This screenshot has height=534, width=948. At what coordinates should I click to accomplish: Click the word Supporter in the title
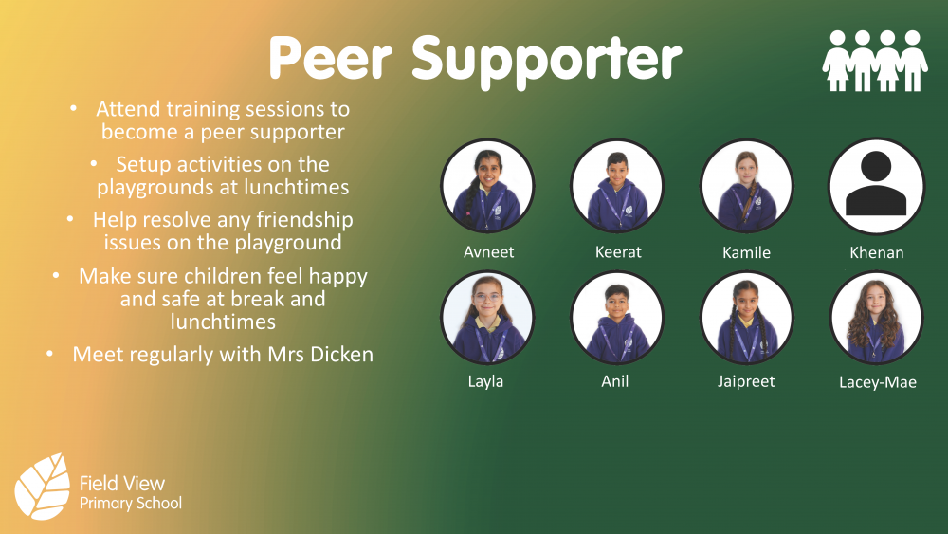click(x=547, y=60)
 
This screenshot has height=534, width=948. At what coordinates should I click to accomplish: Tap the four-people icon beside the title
click(x=874, y=61)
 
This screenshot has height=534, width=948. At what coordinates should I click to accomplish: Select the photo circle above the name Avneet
click(x=487, y=186)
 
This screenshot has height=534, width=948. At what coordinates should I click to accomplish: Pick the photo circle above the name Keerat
click(x=617, y=186)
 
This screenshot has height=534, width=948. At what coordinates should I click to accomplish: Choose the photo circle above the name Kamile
click(x=746, y=186)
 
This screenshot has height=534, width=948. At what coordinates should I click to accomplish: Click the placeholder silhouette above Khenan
click(x=876, y=186)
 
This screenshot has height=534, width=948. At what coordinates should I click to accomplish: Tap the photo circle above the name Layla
click(x=487, y=318)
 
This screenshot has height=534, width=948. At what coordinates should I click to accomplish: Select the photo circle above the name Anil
click(x=617, y=318)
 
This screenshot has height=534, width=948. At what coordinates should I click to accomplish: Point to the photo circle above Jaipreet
click(x=746, y=318)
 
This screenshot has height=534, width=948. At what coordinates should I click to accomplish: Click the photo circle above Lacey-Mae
click(x=876, y=318)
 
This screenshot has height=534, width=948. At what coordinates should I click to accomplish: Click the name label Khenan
click(x=877, y=252)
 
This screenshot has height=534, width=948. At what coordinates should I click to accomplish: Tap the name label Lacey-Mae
click(x=877, y=383)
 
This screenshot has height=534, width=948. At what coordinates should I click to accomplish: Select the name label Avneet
click(x=488, y=252)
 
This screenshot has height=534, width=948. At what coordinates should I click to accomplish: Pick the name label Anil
click(x=615, y=381)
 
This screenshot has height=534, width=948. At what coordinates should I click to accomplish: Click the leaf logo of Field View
click(x=43, y=486)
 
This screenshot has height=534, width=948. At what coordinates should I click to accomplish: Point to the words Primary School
click(x=130, y=504)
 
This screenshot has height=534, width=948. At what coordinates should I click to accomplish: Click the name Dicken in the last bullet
click(x=340, y=355)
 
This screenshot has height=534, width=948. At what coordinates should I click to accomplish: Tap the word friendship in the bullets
click(x=303, y=220)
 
